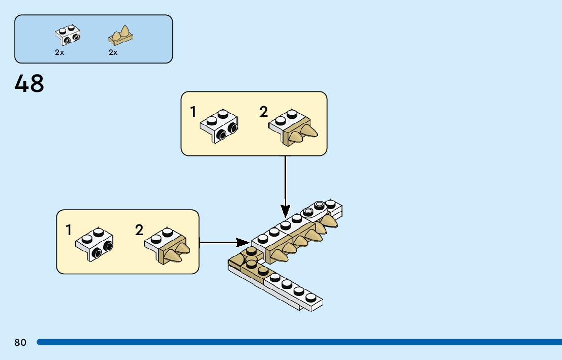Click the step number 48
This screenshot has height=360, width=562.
tap(29, 84)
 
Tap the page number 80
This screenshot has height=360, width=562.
tap(20, 343)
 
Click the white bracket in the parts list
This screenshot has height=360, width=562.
tap(68, 34)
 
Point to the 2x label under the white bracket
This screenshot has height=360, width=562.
tap(59, 52)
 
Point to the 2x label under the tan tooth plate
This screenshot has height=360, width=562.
tap(113, 52)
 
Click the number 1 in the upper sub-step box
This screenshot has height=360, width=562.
tap(193, 112)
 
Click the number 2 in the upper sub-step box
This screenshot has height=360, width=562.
tap(263, 112)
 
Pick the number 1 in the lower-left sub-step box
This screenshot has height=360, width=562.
tap(69, 230)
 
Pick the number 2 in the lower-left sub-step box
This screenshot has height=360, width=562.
tap(139, 230)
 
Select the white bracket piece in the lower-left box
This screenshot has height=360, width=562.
tap(95, 244)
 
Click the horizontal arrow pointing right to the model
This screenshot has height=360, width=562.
tap(224, 242)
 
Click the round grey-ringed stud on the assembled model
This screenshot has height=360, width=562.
tap(319, 205)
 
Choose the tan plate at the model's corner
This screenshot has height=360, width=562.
tap(243, 264)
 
